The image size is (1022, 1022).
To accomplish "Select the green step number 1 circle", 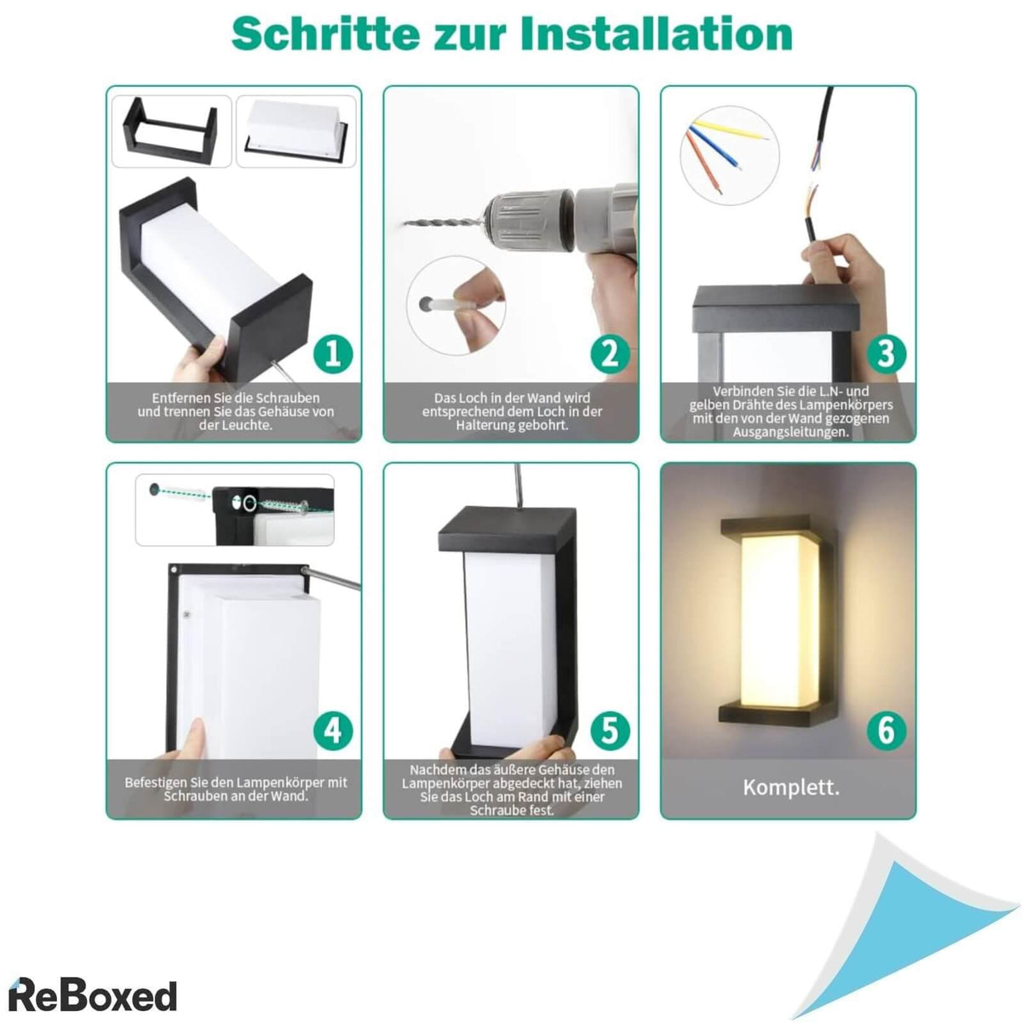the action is tap(333, 353).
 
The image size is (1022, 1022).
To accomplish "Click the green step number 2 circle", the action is tap(610, 353).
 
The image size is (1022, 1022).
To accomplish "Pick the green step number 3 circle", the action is tap(887, 353).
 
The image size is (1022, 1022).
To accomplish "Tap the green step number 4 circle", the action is tap(333, 730).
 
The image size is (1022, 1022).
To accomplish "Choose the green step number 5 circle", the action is tap(610, 730).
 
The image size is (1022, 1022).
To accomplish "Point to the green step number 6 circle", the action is tap(887, 730).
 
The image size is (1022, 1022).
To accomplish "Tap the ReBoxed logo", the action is tap(92, 995).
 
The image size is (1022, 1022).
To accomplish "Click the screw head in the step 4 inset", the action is tap(304, 507).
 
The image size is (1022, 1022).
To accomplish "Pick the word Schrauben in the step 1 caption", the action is tap(293, 399).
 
